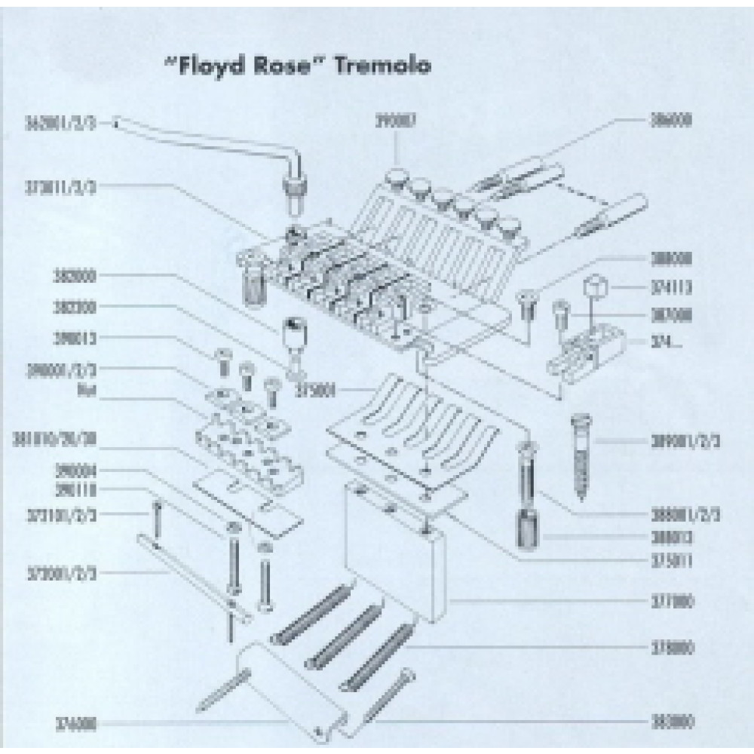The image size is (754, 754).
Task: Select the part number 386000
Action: (x=670, y=121)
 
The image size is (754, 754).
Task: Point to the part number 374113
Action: (x=670, y=287)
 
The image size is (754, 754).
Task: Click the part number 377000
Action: (x=670, y=602)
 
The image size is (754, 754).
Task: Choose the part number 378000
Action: (x=670, y=648)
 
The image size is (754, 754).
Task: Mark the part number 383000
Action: (x=670, y=722)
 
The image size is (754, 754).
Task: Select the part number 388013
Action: (x=670, y=538)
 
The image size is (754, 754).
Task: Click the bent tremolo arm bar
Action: (x=219, y=140)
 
